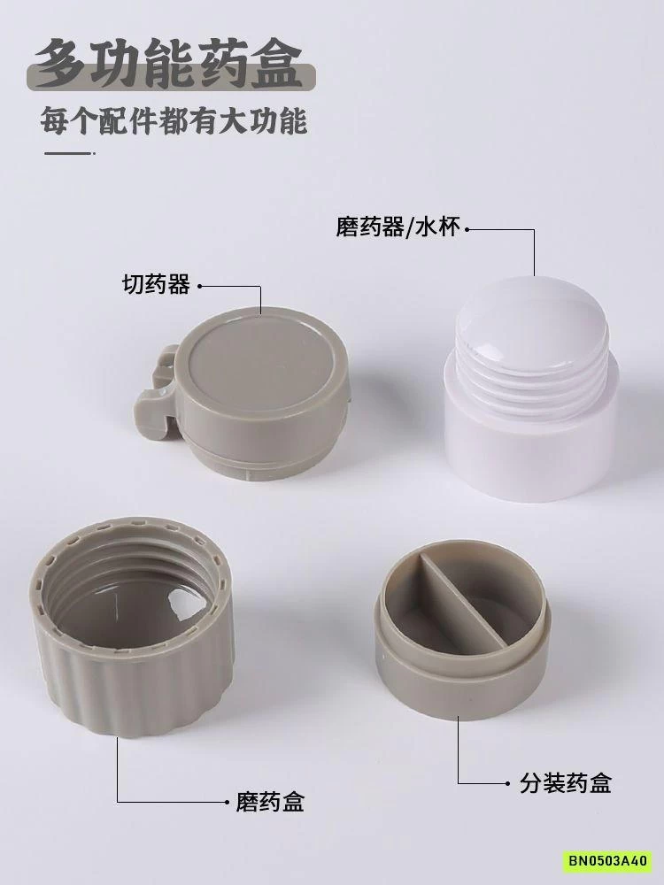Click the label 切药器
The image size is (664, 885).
155,286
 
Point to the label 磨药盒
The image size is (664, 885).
271,802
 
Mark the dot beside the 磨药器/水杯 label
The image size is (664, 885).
468,230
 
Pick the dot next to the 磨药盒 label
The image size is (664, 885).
226,802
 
